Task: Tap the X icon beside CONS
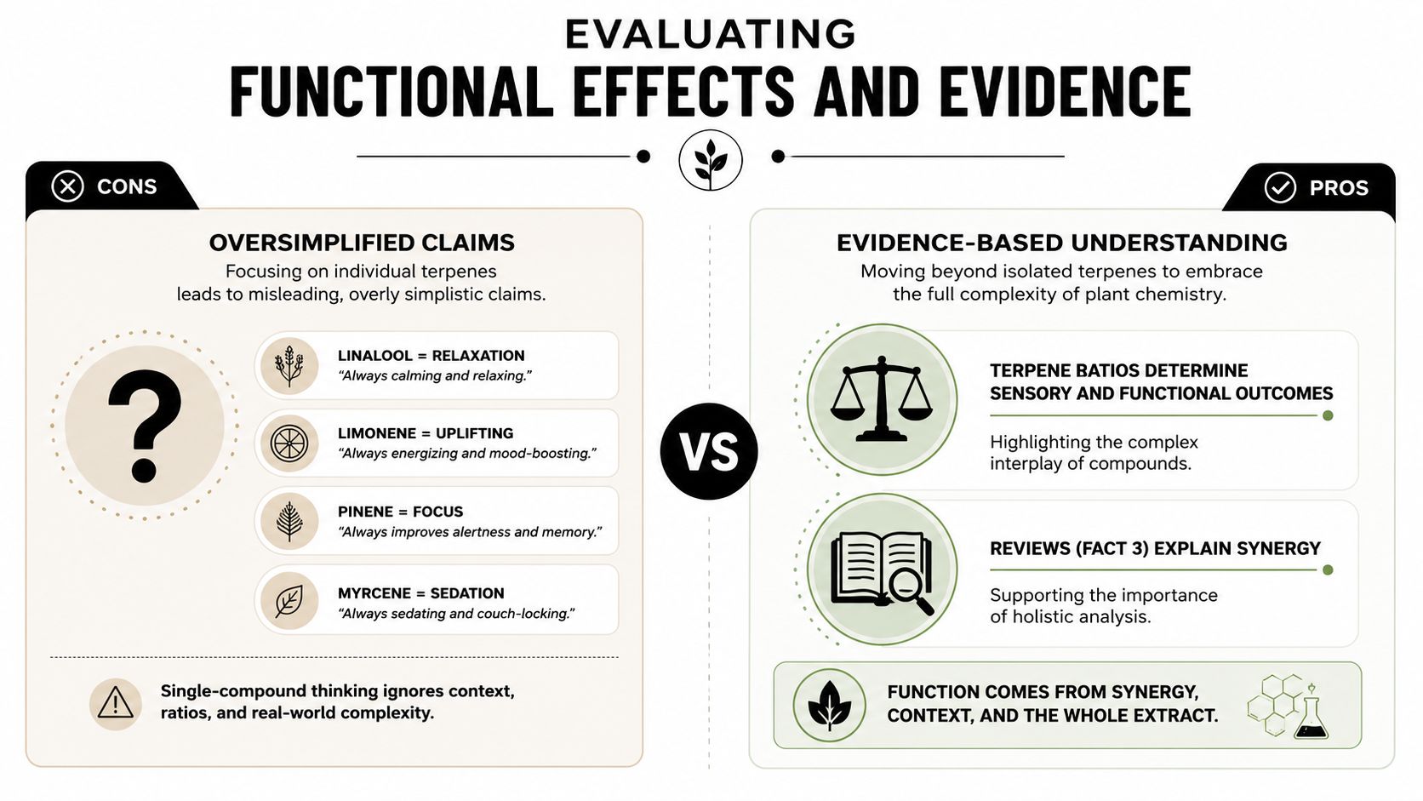point(68,186)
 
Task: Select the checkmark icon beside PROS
point(1280,188)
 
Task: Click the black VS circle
point(709,451)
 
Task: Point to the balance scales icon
point(882,399)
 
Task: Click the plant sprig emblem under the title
point(711,160)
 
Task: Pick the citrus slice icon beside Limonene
point(289,443)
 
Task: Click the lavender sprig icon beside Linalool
point(289,366)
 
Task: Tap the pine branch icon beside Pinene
point(289,522)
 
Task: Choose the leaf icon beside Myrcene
point(289,600)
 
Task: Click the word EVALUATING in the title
point(711,34)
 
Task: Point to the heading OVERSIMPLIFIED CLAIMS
point(362,243)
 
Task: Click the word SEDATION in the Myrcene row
point(467,593)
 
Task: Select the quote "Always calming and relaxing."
point(435,375)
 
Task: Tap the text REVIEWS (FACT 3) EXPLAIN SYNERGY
point(1155,548)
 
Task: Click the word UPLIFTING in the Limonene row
point(474,433)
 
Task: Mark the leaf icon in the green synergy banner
point(829,705)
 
